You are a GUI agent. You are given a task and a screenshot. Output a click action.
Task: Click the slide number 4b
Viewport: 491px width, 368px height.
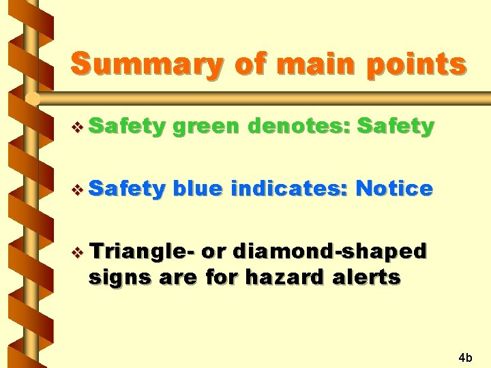click(x=466, y=357)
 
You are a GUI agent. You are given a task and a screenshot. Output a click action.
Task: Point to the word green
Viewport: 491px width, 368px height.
click(x=207, y=127)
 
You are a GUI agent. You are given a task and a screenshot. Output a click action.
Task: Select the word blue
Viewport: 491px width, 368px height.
click(x=198, y=188)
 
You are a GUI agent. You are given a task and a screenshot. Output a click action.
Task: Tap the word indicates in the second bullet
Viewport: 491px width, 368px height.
click(x=289, y=188)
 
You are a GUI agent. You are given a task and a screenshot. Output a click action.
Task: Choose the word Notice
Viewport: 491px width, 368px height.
click(x=394, y=188)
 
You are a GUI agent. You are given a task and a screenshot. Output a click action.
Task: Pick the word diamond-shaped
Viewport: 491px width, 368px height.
click(x=330, y=251)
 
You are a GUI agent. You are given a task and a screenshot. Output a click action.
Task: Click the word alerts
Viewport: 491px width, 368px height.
click(x=367, y=278)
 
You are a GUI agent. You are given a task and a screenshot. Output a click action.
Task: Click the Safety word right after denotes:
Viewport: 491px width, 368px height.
click(x=396, y=127)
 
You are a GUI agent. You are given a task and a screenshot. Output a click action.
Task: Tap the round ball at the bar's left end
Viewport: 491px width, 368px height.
click(x=32, y=99)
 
